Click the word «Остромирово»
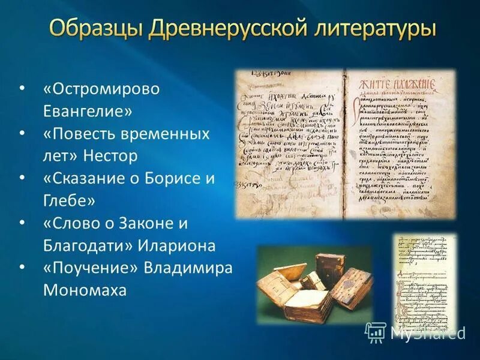click(102, 89)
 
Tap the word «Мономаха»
click(85, 290)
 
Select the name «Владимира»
click(188, 268)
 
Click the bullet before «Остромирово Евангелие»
click(22, 89)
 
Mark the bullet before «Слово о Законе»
click(22, 223)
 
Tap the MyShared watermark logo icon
click(375, 332)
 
